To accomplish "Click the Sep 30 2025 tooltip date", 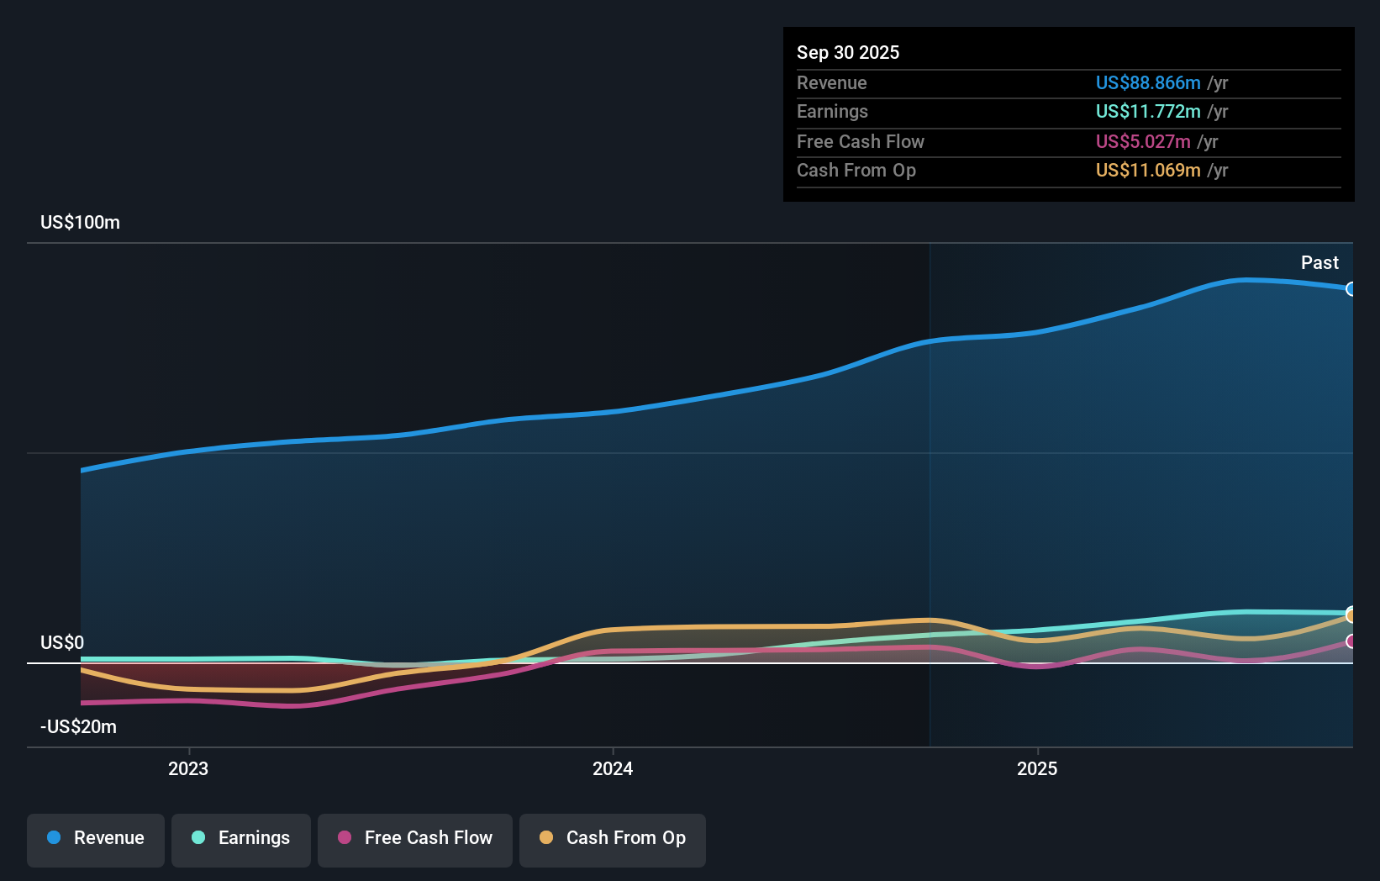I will [x=847, y=52].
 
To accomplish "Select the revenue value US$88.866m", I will [x=1147, y=82].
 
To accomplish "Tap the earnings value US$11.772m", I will [x=1147, y=111].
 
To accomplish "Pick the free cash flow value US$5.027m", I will [x=1142, y=141].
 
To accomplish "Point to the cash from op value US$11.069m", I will [x=1147, y=170].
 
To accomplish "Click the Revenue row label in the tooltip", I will [x=831, y=82].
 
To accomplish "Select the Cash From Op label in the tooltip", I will [x=856, y=170].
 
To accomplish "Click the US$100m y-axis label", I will [x=80, y=222].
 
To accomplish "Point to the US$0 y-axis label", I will [x=62, y=642].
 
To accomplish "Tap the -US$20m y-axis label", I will [x=78, y=726].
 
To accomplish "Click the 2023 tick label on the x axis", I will [x=188, y=768].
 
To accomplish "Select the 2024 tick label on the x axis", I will [x=613, y=768].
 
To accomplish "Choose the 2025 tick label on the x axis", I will [x=1037, y=768].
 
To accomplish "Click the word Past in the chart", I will [x=1319, y=262].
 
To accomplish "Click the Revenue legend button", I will [x=96, y=838].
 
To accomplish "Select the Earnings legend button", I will [x=241, y=838].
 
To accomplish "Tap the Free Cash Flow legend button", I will [x=415, y=838].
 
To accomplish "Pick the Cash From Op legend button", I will [x=613, y=838].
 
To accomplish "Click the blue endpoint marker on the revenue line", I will [x=1351, y=289].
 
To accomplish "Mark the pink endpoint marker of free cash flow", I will [x=1351, y=641].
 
